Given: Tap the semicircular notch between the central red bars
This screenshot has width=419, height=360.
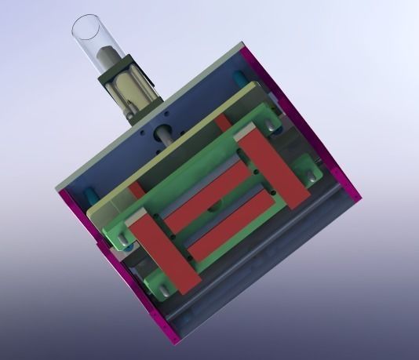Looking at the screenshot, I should tap(215, 207).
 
